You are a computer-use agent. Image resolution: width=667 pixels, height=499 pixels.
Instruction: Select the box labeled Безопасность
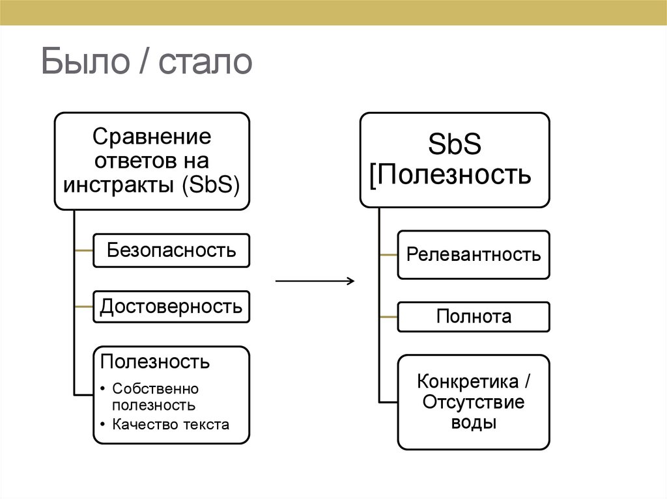coord(171,250)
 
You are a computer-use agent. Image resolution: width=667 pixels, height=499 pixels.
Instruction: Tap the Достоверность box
coord(171,306)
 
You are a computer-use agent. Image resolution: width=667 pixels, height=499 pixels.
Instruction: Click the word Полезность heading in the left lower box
coord(154,360)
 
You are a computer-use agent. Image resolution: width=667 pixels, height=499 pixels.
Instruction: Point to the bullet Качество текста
coord(171,425)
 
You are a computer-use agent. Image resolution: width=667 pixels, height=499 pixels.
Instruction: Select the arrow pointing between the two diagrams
coord(315,281)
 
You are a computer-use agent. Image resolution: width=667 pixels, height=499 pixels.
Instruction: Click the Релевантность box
coord(474,254)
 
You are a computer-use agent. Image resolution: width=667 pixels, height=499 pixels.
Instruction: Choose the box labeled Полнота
coord(474,317)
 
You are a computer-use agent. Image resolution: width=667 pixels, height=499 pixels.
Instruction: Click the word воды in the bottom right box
coord(474,423)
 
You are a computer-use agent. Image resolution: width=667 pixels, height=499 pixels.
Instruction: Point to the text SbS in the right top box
coord(455,145)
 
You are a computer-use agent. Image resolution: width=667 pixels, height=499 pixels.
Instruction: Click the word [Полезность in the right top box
coord(450,174)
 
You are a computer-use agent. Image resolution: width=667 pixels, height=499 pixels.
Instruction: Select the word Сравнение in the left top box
coord(152,137)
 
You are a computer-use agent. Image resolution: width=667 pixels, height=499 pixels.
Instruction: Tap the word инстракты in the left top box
coord(118,184)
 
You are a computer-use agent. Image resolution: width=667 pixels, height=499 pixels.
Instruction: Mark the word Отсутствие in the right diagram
coord(474,401)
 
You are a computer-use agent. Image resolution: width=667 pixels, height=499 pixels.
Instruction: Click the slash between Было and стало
coord(142,63)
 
